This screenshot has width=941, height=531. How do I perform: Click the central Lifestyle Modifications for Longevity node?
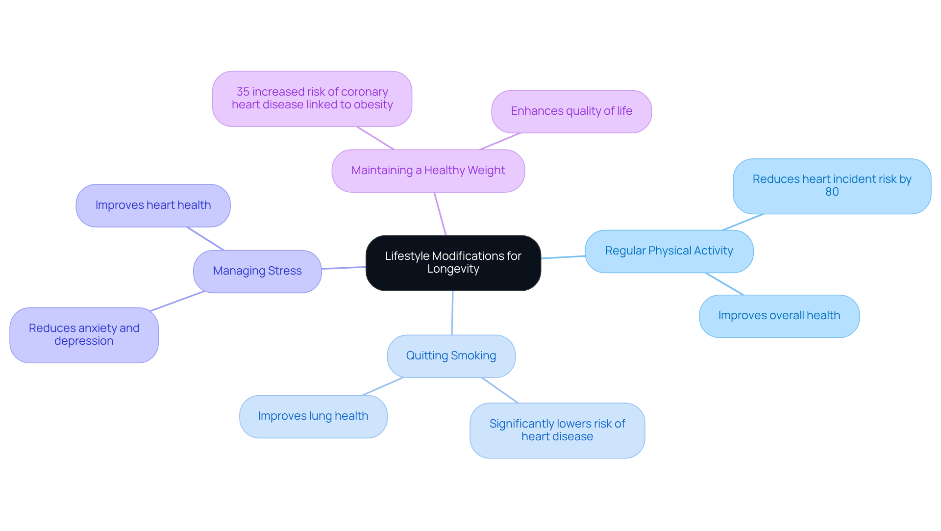point(453,263)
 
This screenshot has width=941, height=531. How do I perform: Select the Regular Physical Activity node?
point(669,251)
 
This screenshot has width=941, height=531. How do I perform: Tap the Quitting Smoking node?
point(451,356)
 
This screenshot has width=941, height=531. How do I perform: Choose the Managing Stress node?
point(257,271)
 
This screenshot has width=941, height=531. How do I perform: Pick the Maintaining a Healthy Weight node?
point(428,171)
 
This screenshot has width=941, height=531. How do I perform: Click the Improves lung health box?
point(313,416)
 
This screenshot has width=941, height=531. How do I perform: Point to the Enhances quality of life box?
point(571,111)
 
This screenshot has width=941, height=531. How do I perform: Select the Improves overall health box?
point(779,316)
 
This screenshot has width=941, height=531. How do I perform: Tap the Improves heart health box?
point(153,205)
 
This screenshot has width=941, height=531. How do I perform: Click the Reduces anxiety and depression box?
point(84,335)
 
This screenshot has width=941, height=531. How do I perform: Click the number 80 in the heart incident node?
point(832,192)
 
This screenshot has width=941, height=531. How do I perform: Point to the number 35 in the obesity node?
point(243,92)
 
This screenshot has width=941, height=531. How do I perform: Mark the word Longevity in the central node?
point(453,269)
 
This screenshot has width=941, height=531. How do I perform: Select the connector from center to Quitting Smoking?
point(452,313)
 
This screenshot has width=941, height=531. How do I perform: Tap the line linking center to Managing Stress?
point(344,268)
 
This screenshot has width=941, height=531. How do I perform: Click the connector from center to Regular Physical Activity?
point(563,257)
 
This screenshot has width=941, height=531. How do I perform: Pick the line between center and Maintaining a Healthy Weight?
point(440,214)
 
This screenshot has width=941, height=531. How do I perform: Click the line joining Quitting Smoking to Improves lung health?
point(382,386)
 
